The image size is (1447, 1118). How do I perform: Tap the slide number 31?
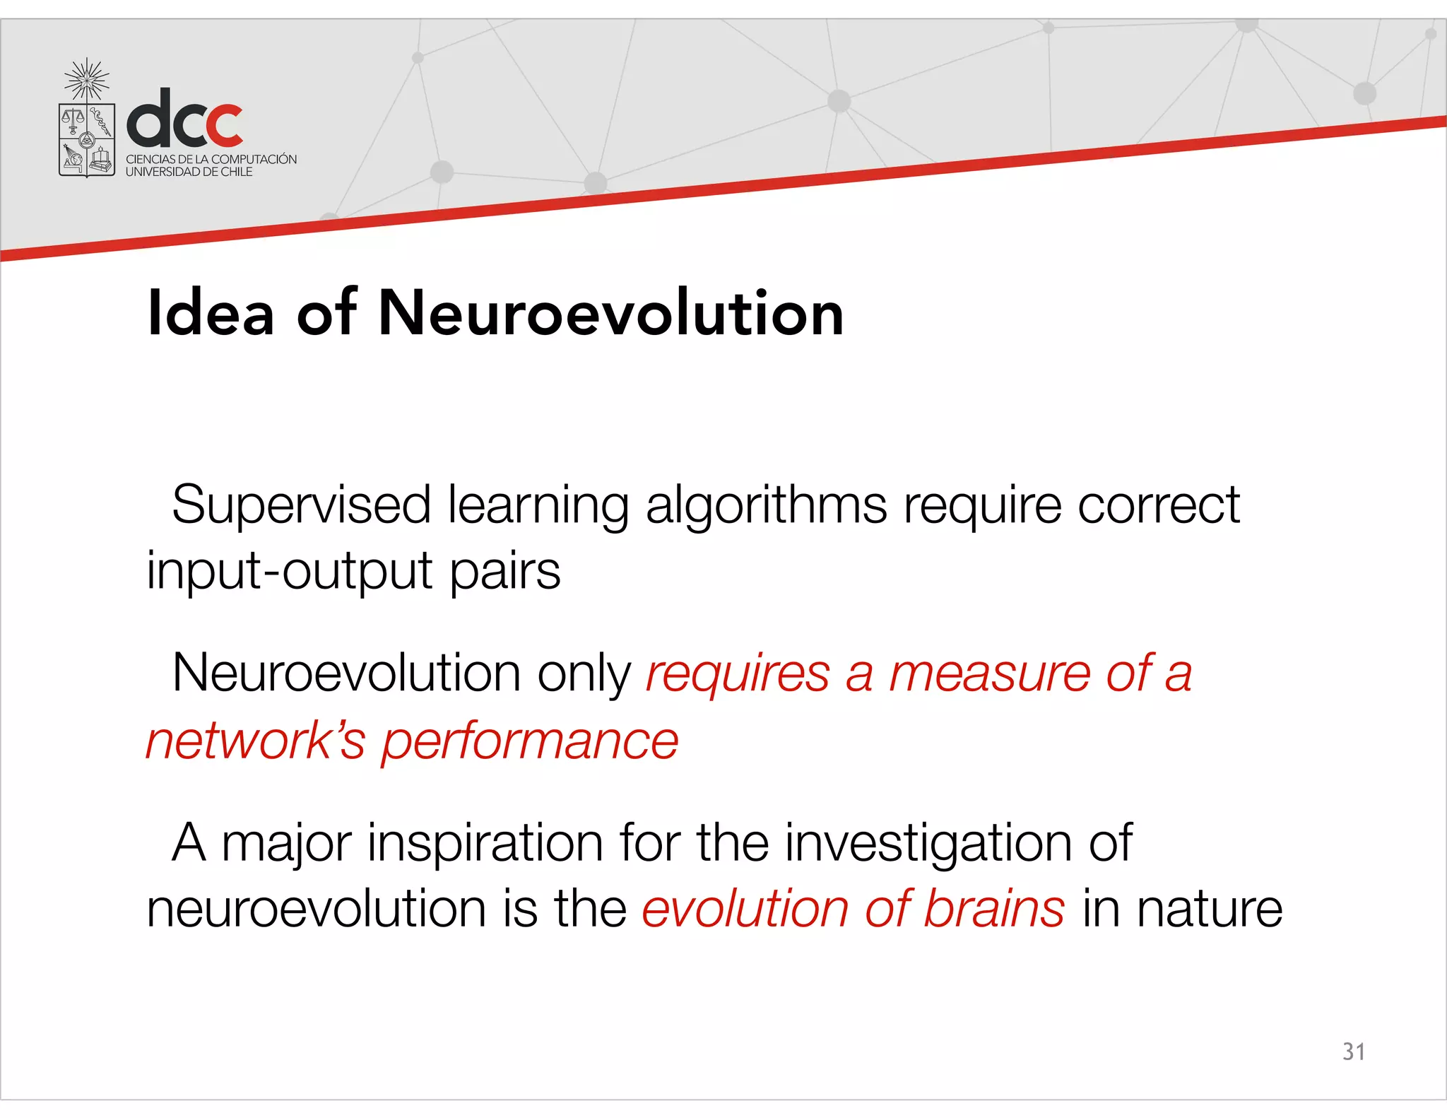pos(1353,1052)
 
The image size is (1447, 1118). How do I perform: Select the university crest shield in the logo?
pos(87,139)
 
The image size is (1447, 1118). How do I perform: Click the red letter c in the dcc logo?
pos(220,126)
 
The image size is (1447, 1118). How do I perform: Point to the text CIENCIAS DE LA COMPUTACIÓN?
pos(211,159)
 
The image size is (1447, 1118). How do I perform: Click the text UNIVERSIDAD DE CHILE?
pos(189,172)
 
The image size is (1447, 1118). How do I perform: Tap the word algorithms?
pos(766,506)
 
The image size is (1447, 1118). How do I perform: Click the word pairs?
pos(505,571)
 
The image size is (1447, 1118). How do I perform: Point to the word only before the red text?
pos(584,674)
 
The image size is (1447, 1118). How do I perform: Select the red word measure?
pos(989,674)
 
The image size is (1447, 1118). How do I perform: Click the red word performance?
pos(530,742)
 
